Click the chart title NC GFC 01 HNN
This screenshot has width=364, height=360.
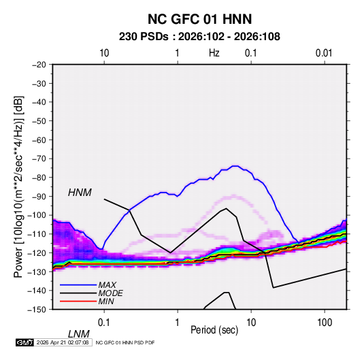[x=199, y=19]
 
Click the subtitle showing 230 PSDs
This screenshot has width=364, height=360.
[x=199, y=37]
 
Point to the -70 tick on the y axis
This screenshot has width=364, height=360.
[x=39, y=159]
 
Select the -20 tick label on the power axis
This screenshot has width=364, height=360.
[x=39, y=65]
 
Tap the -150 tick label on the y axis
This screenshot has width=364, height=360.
[x=37, y=310]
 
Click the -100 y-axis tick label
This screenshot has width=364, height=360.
[x=37, y=215]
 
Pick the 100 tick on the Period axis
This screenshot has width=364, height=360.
[x=325, y=323]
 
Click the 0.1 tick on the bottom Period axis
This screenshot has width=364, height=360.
[x=104, y=323]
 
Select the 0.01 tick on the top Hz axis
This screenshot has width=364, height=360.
[x=324, y=53]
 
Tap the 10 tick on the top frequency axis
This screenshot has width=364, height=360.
[x=104, y=53]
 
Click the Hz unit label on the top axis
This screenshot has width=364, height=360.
[x=214, y=53]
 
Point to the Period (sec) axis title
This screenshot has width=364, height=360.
[x=214, y=330]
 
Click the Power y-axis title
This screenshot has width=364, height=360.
[x=18, y=186]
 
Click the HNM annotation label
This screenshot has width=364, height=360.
[x=80, y=193]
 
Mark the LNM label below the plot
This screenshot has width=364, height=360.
[x=79, y=334]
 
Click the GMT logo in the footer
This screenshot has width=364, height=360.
[x=24, y=342]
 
